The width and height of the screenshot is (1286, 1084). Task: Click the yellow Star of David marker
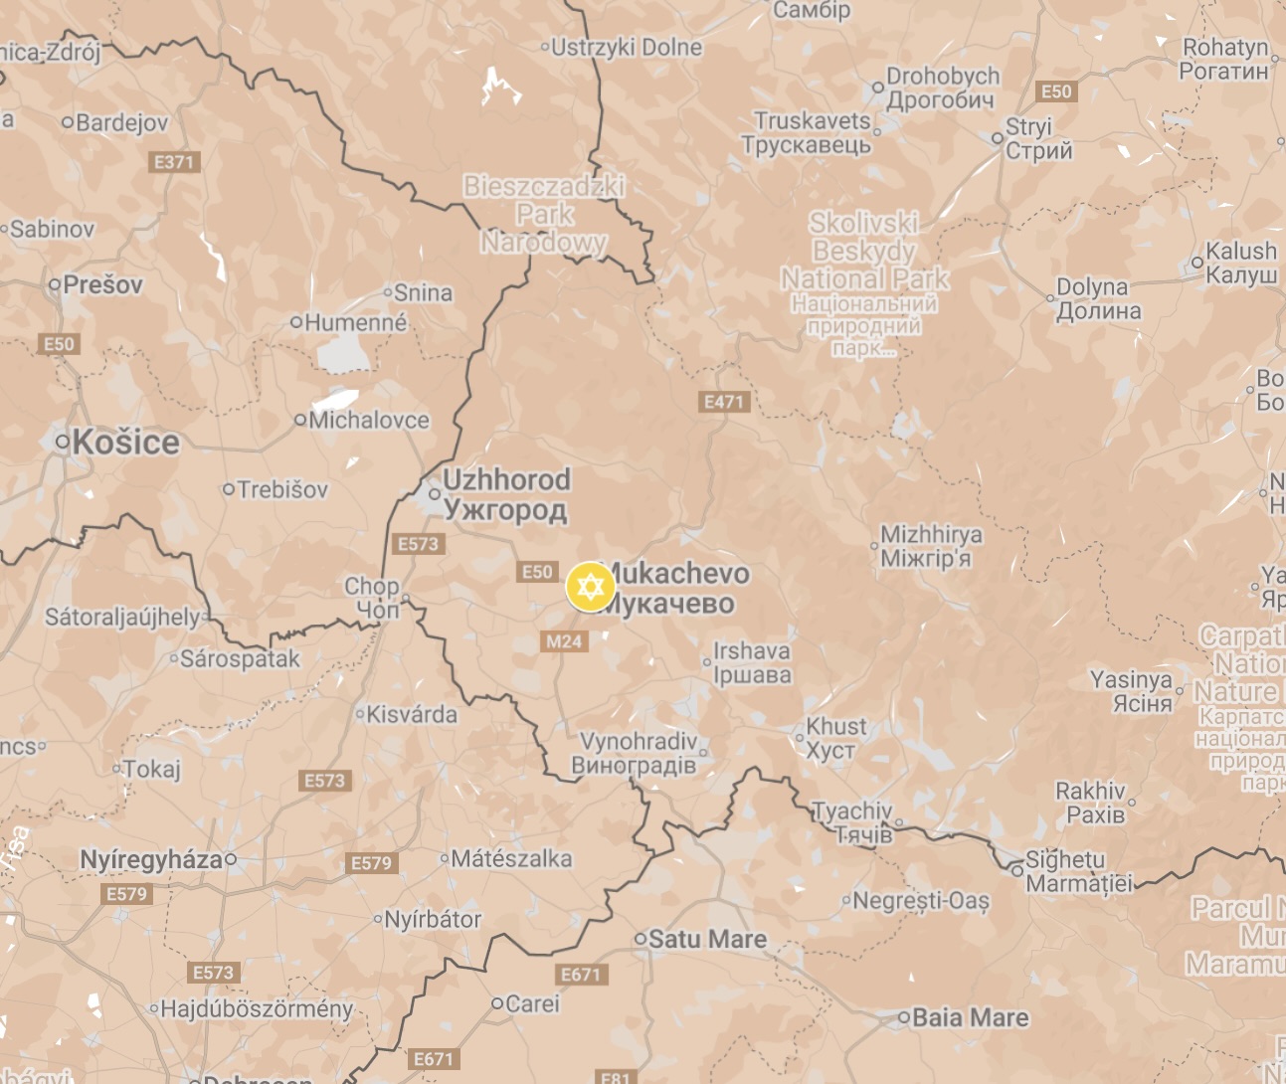point(590,587)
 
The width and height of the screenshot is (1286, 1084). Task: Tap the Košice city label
point(125,443)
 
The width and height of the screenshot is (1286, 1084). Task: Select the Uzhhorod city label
point(505,493)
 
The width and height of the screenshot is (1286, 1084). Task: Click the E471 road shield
point(724,402)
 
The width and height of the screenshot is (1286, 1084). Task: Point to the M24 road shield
point(564,641)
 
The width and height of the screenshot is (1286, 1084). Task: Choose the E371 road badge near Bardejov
point(175,161)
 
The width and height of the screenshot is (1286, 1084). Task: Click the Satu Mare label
point(707,939)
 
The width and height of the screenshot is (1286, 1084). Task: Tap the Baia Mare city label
point(970,1017)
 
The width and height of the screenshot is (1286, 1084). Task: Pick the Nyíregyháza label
point(151,859)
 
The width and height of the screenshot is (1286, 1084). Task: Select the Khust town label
point(835,738)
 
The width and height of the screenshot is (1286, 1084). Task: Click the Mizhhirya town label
point(931,546)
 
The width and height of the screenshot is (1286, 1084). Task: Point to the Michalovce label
point(369,420)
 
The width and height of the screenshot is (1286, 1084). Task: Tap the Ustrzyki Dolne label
point(626,47)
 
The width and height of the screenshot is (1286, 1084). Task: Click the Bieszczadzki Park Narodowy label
point(544,214)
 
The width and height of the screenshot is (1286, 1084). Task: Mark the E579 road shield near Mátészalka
point(372,863)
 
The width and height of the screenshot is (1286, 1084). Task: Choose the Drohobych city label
point(941,88)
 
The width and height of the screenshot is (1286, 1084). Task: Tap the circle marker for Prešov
point(55,284)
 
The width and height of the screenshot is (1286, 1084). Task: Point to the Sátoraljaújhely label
point(122,617)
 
